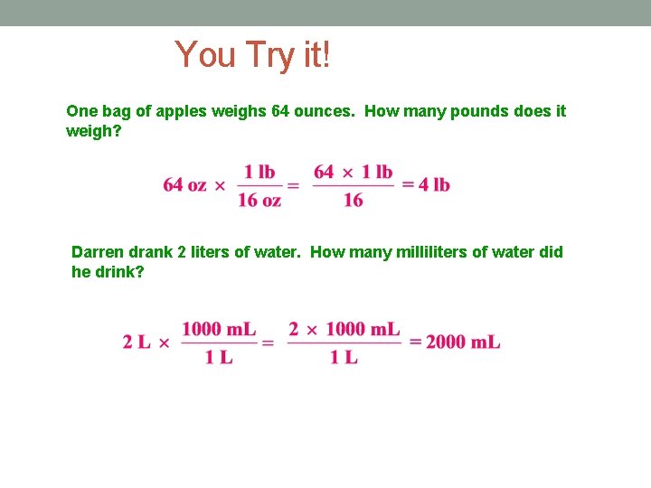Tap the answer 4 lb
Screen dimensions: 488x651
pyautogui.click(x=426, y=185)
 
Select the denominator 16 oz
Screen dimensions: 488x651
pyautogui.click(x=259, y=201)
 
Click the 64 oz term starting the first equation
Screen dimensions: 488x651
pyautogui.click(x=184, y=185)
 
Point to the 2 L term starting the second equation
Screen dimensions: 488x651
pyautogui.click(x=137, y=342)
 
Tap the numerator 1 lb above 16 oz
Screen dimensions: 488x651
pyautogui.click(x=259, y=172)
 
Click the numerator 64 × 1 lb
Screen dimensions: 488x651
pyautogui.click(x=354, y=172)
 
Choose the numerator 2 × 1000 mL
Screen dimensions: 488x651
pyautogui.click(x=344, y=329)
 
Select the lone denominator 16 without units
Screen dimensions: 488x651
pyautogui.click(x=354, y=201)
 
